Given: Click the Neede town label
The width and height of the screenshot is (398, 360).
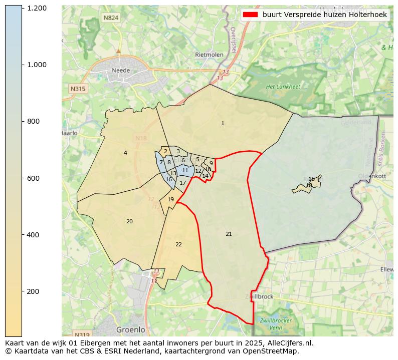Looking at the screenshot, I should tap(121, 71).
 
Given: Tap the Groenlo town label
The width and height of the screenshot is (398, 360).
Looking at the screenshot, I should tap(130, 330).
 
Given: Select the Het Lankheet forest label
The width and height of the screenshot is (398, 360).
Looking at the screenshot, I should tap(283, 87).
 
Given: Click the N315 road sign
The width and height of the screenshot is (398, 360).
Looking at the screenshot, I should tap(78, 89).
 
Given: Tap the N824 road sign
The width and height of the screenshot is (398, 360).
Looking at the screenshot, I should tap(110, 18).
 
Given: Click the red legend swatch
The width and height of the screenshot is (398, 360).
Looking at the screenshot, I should tap(250, 15).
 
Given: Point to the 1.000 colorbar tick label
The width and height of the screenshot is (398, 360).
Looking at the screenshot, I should tap(37, 65).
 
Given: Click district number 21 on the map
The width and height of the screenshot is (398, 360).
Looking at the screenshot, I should tap(229, 234).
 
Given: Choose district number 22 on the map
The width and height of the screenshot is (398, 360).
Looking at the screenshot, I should tap(178, 244).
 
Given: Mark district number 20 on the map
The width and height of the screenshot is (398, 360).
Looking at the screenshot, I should tap(129, 221).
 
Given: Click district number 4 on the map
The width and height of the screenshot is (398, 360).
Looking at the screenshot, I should tap(125, 153).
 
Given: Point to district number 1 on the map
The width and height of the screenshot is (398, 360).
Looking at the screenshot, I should tap(223, 123).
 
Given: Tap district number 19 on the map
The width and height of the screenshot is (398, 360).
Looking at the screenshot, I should tap(171, 199).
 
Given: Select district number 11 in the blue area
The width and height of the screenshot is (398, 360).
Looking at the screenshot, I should tap(185, 170).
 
